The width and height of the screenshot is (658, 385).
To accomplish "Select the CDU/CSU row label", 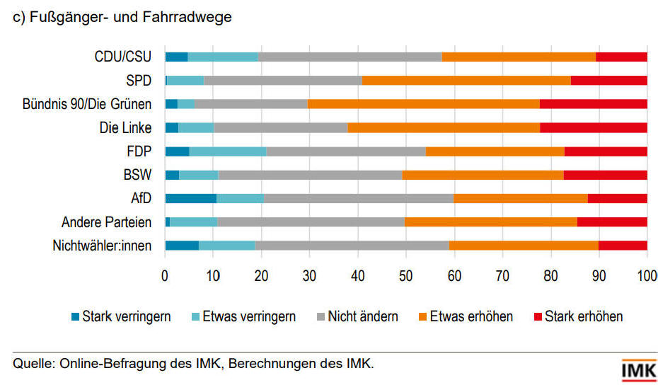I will click(123, 57).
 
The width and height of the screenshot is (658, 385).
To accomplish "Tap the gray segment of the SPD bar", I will click(282, 80).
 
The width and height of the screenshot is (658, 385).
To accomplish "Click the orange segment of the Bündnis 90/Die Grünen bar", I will click(423, 104).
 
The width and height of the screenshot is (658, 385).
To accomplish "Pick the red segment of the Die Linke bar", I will click(593, 127).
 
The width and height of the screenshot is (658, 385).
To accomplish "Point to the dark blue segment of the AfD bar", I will click(190, 198).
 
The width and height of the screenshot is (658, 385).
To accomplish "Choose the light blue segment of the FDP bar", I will click(228, 151).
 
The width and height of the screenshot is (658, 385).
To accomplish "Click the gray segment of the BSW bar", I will click(311, 175).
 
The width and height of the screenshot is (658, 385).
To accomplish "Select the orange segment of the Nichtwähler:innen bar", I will click(524, 246).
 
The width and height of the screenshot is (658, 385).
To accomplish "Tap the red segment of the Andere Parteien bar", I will click(612, 222).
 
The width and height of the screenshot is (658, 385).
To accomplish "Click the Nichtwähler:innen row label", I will click(102, 246).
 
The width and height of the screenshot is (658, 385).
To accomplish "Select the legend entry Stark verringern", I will click(126, 316).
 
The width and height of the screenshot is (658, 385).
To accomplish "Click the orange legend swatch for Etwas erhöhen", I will click(425, 316).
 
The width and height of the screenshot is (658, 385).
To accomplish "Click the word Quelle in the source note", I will click(32, 364).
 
